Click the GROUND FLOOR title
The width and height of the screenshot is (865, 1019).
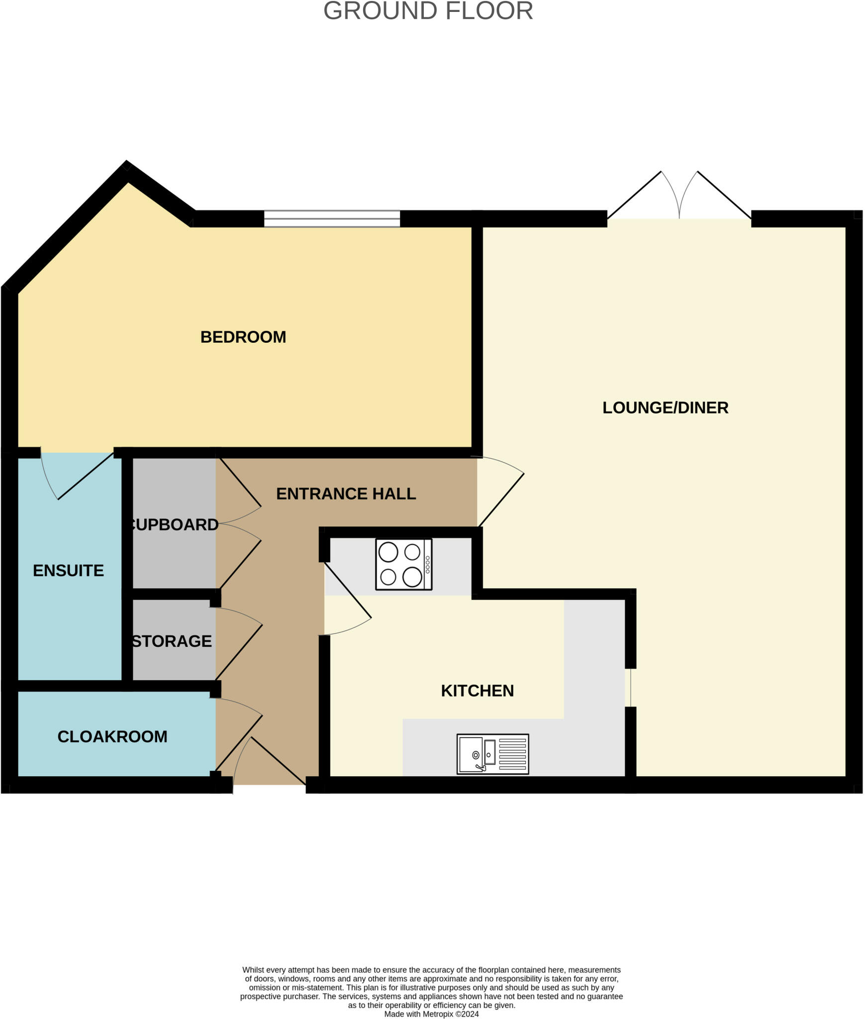coord(428,11)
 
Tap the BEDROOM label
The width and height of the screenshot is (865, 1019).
coord(243,337)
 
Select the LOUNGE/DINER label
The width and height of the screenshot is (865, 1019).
coord(665,408)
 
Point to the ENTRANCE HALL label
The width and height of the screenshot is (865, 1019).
coord(346,494)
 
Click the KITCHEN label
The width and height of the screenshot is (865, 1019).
coord(477,691)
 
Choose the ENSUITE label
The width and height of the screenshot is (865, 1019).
coord(68,570)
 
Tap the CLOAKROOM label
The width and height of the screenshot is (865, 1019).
coord(112,736)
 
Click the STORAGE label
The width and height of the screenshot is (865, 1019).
coord(172,641)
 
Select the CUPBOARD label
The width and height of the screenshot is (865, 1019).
coord(175,524)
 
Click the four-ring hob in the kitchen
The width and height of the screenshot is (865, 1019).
coord(403,565)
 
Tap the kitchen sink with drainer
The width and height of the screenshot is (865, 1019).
coord(492,754)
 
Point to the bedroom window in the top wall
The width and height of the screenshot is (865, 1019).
coord(332,218)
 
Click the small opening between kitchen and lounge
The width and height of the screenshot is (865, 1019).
coord(630,687)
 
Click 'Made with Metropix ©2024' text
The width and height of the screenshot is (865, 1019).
coord(431,1014)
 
